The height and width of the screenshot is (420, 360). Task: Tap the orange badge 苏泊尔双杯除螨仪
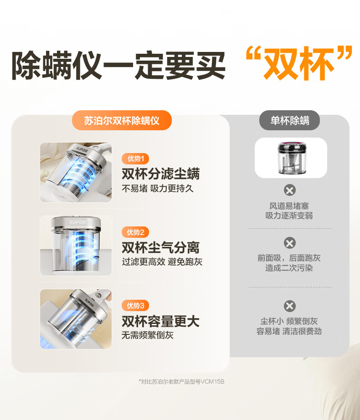click(122, 120)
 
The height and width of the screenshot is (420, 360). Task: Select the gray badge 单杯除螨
click(289, 120)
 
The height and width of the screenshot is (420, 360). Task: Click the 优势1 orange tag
click(135, 159)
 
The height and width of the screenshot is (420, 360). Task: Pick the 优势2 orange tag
click(135, 232)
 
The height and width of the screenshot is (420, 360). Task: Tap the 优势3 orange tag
click(135, 305)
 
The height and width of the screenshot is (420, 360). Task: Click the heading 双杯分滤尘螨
click(161, 174)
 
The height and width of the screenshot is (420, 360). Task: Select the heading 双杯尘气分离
click(161, 247)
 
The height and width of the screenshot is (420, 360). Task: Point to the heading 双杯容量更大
click(161, 321)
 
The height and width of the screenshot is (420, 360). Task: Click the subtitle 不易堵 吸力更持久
click(158, 189)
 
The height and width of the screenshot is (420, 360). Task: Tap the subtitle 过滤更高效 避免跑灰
click(162, 261)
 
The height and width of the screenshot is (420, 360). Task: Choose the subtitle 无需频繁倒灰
click(148, 335)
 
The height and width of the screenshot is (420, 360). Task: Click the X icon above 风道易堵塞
click(290, 190)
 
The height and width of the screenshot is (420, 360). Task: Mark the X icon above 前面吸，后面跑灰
click(290, 243)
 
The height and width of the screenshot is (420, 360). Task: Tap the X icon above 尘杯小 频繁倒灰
click(290, 306)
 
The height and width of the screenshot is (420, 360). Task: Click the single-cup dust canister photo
click(291, 158)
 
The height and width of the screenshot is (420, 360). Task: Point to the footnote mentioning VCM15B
click(182, 381)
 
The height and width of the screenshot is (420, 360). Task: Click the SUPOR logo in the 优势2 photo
click(77, 222)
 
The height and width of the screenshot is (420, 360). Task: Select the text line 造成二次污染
click(289, 268)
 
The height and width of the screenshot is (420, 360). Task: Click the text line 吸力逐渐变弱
click(289, 215)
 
